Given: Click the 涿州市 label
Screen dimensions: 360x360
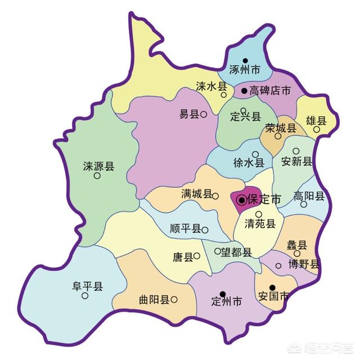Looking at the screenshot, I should (245, 71).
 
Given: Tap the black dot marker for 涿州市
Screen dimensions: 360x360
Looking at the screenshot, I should (245, 61).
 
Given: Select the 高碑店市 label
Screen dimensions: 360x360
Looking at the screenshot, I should (270, 91).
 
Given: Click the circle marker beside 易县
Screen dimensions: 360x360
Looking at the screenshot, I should (204, 114).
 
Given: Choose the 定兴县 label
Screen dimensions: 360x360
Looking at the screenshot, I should (246, 117).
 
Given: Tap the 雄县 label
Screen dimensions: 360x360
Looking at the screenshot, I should (316, 120).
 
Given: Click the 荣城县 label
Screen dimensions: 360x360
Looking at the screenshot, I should (281, 128).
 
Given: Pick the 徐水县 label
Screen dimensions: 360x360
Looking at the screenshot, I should (249, 163).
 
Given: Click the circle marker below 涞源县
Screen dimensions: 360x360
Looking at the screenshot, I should (97, 175).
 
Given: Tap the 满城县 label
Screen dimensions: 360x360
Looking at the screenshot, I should (196, 194).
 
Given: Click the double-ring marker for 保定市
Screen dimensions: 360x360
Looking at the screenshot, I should (241, 200).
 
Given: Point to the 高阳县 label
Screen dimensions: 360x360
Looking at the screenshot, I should (309, 196).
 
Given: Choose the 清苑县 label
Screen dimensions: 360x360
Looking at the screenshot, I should (260, 224).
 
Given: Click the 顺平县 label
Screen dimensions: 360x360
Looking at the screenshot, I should (185, 229).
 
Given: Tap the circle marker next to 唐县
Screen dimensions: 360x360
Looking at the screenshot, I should (197, 256).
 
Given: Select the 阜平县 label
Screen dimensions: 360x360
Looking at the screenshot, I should (87, 286).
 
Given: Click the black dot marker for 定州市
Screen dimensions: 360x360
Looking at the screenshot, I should (223, 294).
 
